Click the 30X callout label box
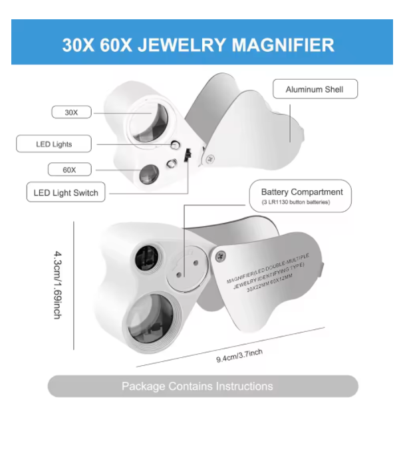71,112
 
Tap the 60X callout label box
69,170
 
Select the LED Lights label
54,144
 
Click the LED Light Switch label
66,193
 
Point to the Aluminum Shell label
315,89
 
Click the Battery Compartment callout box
301,196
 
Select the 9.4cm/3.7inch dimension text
239,355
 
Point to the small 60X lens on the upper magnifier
148,175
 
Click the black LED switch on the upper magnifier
188,157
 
